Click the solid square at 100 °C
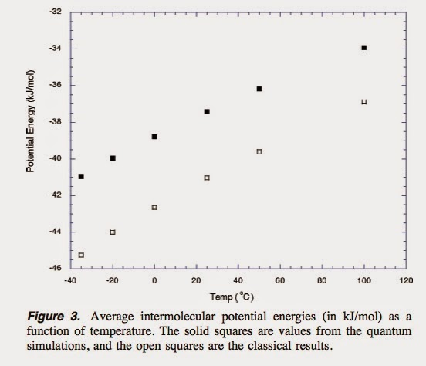(x=364, y=48)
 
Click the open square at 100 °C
(x=364, y=102)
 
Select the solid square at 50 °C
(x=259, y=89)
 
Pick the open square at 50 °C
(x=259, y=151)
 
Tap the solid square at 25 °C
(x=207, y=112)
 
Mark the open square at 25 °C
(x=207, y=178)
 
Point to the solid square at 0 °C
(x=154, y=137)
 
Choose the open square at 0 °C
(x=154, y=207)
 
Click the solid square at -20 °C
(x=113, y=158)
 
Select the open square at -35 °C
(x=81, y=255)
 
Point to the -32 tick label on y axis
(x=55, y=12)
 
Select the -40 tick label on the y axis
(x=55, y=159)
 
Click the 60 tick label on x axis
(x=280, y=281)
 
